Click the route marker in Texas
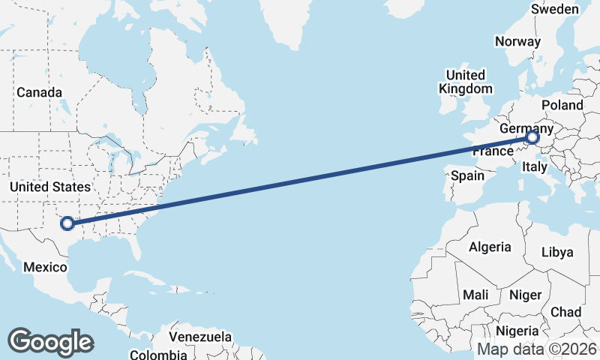(67, 223)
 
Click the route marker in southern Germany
(532, 137)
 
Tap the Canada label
(39, 92)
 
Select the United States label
(50, 187)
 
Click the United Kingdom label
(465, 82)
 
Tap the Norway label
(517, 42)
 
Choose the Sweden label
(554, 9)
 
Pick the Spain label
(467, 176)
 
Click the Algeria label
(490, 247)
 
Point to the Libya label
(556, 252)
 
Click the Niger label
(525, 295)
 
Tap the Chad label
(565, 311)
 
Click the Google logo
(51, 341)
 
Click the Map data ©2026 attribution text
(537, 349)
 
